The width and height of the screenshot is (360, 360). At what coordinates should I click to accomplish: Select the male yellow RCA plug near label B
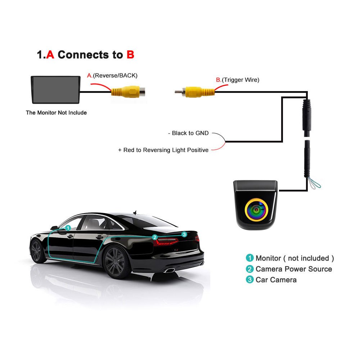pyautogui.click(x=194, y=92)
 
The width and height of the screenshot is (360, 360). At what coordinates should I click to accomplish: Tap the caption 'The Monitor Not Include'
pyautogui.click(x=56, y=113)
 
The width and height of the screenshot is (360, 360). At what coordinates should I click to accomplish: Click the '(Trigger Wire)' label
pyautogui.click(x=240, y=80)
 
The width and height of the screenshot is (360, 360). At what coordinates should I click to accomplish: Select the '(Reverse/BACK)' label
pyautogui.click(x=115, y=76)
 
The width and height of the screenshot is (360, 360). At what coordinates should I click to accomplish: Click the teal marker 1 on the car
pyautogui.click(x=68, y=228)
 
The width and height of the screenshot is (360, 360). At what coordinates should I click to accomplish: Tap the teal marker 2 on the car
pyautogui.click(x=154, y=237)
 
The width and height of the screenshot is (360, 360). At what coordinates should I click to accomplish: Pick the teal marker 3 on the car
pyautogui.click(x=184, y=234)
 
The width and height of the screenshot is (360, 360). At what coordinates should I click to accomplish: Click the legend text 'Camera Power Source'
pyautogui.click(x=294, y=269)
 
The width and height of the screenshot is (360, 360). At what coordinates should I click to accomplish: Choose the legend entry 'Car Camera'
pyautogui.click(x=276, y=280)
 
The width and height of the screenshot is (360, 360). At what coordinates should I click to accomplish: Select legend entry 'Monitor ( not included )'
pyautogui.click(x=294, y=258)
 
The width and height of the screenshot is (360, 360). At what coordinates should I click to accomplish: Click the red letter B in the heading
pyautogui.click(x=130, y=55)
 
